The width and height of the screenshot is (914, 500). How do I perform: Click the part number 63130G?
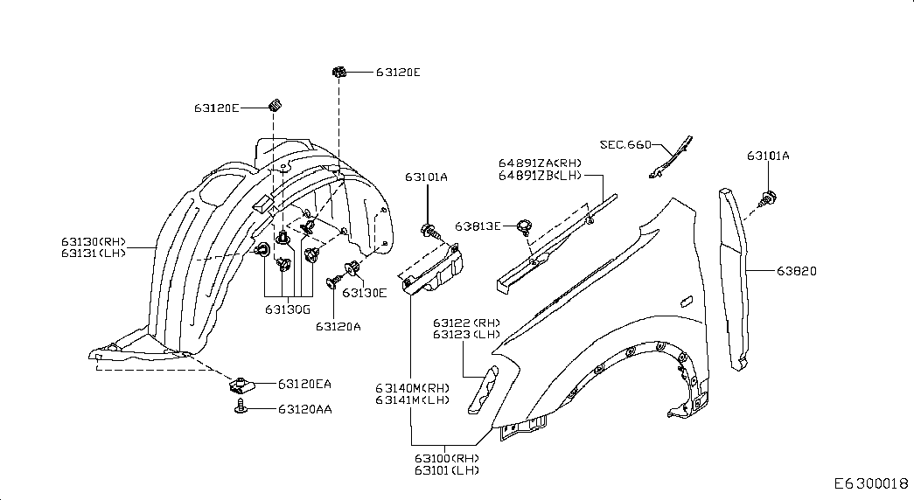(x=288, y=309)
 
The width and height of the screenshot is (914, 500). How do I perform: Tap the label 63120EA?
(x=304, y=384)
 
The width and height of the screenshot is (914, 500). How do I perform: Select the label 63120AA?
(x=305, y=410)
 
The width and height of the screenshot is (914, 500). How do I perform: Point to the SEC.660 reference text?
(x=625, y=144)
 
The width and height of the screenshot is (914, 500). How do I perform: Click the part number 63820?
(x=796, y=271)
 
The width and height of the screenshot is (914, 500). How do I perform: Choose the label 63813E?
(x=478, y=226)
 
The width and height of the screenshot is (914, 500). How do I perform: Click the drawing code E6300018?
(x=871, y=483)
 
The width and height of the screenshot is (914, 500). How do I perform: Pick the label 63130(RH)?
(x=94, y=241)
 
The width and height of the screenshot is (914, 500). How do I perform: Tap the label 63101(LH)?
(x=447, y=470)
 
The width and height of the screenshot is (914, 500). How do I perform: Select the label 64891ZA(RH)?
(x=540, y=163)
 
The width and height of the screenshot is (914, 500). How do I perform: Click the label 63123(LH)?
(x=466, y=335)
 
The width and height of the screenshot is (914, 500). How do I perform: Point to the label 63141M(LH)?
(x=412, y=399)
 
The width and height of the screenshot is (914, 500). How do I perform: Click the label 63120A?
(x=338, y=326)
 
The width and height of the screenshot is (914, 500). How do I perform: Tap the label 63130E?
(x=365, y=293)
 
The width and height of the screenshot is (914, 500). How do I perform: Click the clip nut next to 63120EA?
(x=240, y=385)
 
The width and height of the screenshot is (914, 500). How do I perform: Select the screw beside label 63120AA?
(x=241, y=406)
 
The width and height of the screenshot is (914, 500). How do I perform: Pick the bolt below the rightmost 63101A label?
(x=770, y=198)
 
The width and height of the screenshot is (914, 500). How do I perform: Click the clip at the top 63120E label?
(x=339, y=73)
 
